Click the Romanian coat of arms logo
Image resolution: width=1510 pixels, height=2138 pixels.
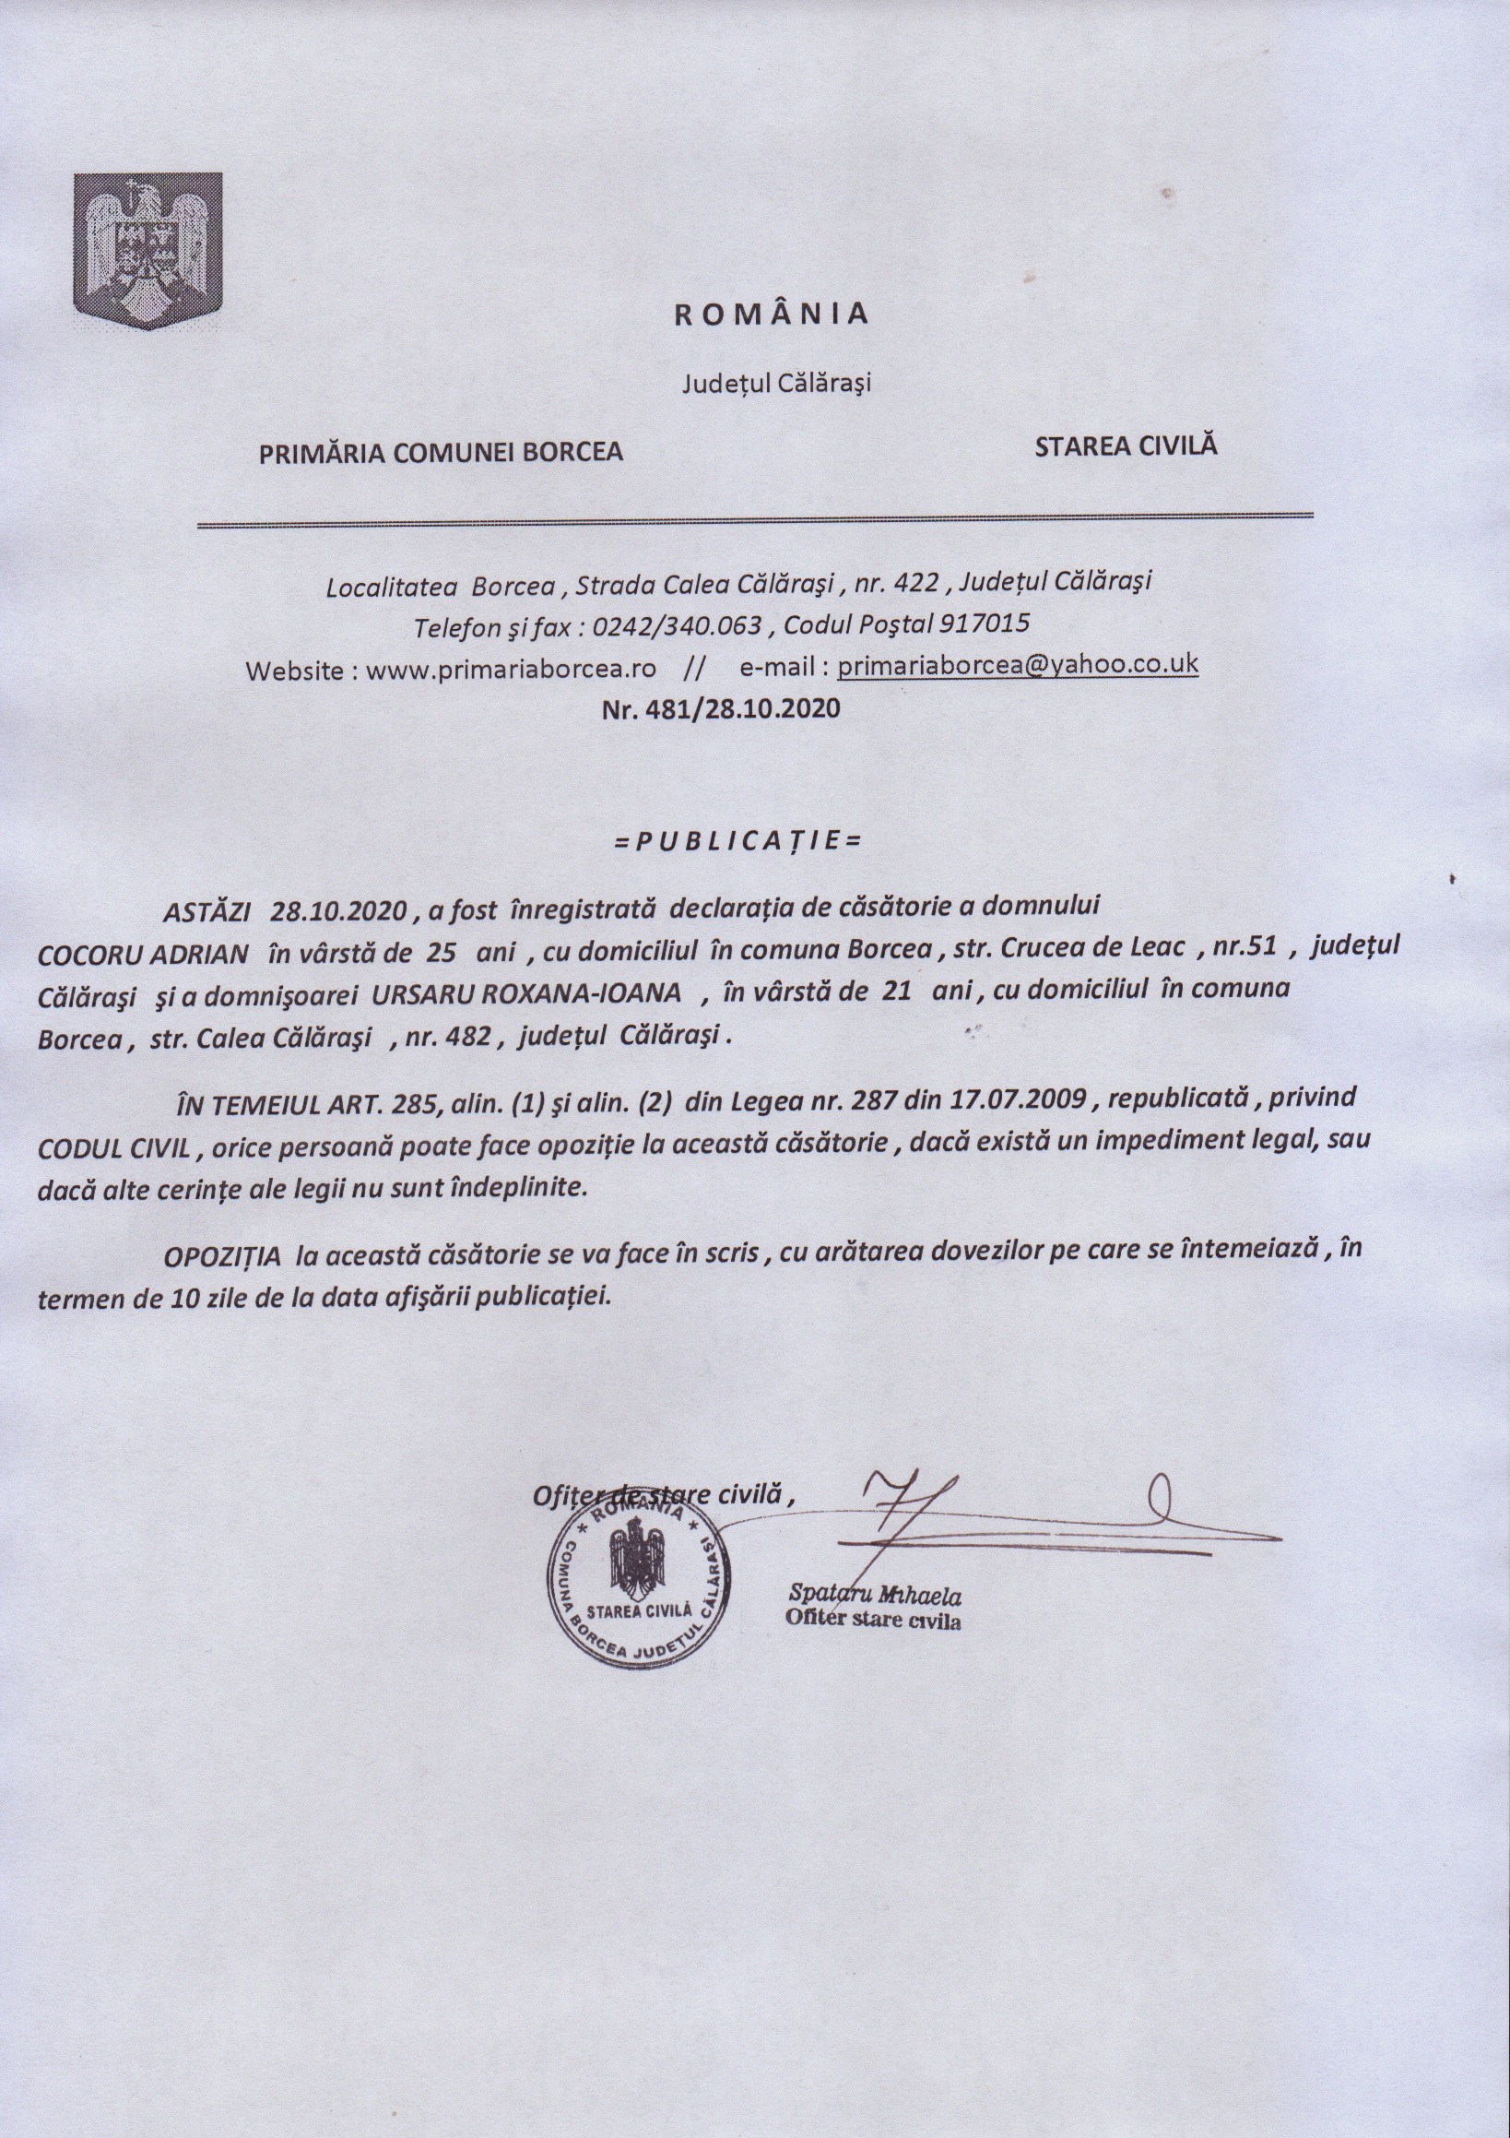pos(148,250)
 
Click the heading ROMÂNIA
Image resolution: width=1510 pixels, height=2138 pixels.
pos(771,315)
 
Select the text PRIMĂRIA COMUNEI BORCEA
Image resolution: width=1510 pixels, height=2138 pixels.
pos(441,454)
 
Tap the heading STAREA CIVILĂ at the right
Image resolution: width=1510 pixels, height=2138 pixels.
pos(1126,445)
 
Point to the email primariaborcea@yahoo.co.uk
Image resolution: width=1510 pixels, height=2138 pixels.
pos(1018,665)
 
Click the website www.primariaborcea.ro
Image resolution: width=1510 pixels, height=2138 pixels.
pos(511,670)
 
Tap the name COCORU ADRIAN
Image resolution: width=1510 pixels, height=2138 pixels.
pos(143,954)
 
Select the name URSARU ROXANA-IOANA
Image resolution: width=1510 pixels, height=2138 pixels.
pos(527,993)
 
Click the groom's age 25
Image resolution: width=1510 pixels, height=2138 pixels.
pos(440,952)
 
